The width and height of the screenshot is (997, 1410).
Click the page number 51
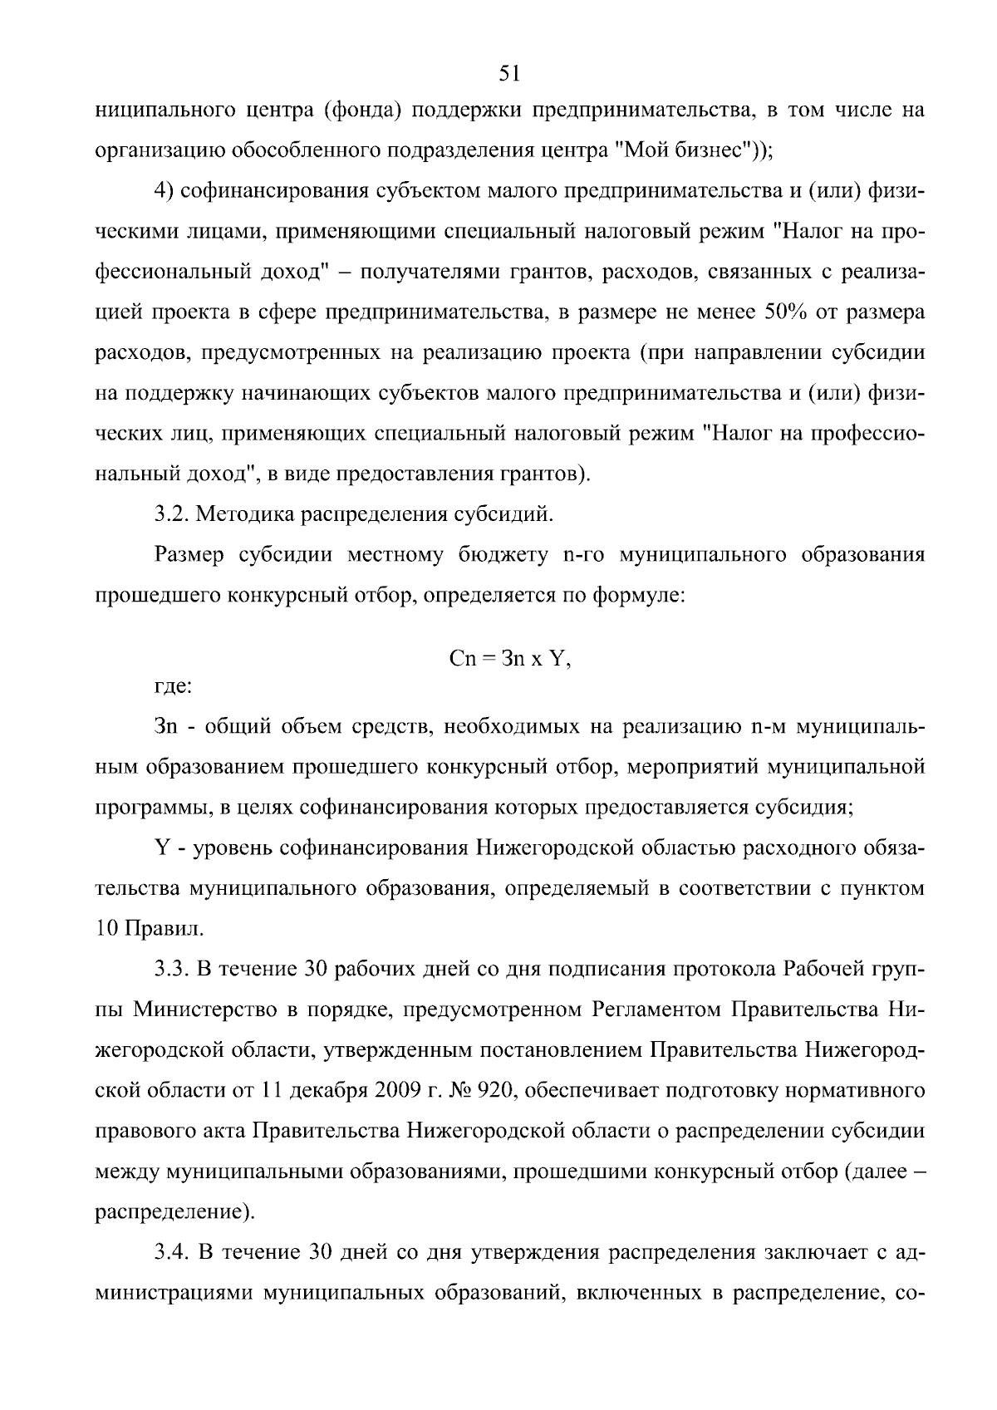(x=508, y=74)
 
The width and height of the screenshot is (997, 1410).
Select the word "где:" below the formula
(x=173, y=687)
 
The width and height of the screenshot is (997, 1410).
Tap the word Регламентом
(x=656, y=1010)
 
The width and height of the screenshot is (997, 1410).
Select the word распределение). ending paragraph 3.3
(x=174, y=1212)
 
